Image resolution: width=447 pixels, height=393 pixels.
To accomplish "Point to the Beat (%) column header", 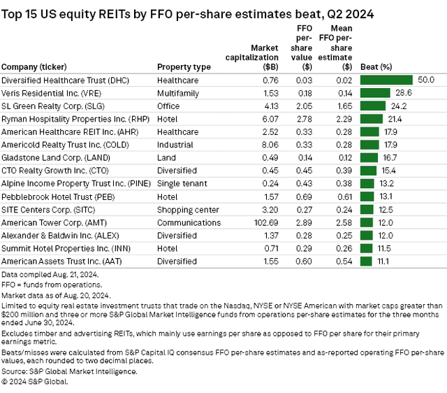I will coord(376,67).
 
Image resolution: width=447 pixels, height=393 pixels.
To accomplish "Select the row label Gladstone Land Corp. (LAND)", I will coord(47,158).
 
